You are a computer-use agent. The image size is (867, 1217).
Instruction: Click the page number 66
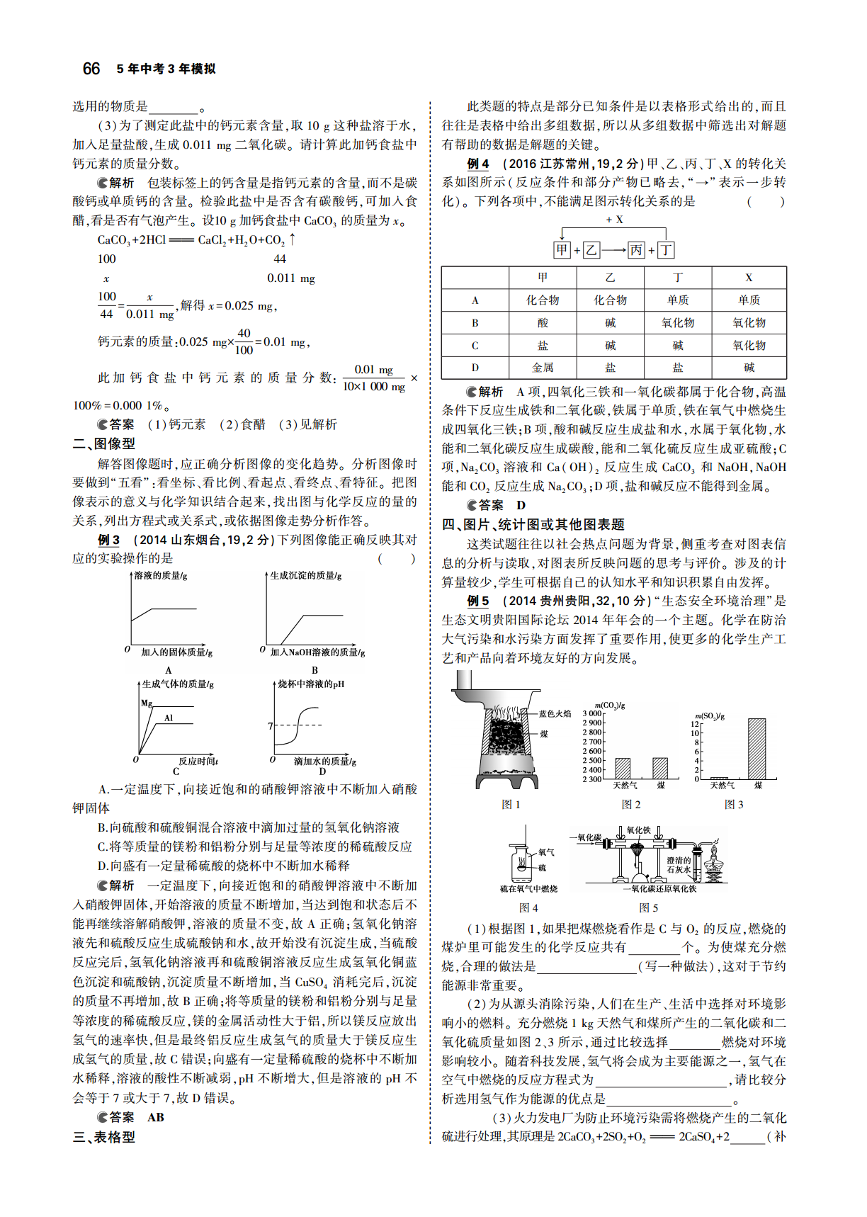(91, 69)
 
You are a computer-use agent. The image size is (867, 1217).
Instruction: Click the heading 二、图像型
(104, 443)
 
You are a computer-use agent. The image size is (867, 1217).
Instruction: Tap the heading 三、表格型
(104, 1137)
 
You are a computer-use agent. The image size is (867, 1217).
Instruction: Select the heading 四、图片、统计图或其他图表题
(533, 524)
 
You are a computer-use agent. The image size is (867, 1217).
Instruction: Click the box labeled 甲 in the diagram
(562, 249)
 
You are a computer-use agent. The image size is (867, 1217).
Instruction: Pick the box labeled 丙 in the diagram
(636, 249)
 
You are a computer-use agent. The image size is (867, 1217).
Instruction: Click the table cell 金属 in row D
(543, 368)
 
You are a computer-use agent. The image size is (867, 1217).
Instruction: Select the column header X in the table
(749, 278)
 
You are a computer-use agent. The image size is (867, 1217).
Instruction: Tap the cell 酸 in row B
(543, 323)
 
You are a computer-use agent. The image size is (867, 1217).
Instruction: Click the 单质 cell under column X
(749, 300)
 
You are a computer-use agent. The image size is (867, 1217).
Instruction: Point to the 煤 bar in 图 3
(756, 749)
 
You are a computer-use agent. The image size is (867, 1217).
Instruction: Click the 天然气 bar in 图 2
(623, 769)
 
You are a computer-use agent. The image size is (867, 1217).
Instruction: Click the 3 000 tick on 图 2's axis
(591, 713)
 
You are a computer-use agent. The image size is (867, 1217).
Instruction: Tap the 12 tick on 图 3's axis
(695, 724)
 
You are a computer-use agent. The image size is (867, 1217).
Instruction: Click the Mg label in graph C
(147, 703)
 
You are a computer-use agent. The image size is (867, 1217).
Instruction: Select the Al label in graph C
(169, 718)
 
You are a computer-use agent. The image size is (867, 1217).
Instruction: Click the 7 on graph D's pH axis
(270, 726)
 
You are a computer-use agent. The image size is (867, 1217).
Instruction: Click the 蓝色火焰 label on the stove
(555, 714)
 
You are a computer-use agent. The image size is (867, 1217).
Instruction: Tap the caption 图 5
(648, 907)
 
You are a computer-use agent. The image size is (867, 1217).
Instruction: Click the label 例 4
(478, 164)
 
